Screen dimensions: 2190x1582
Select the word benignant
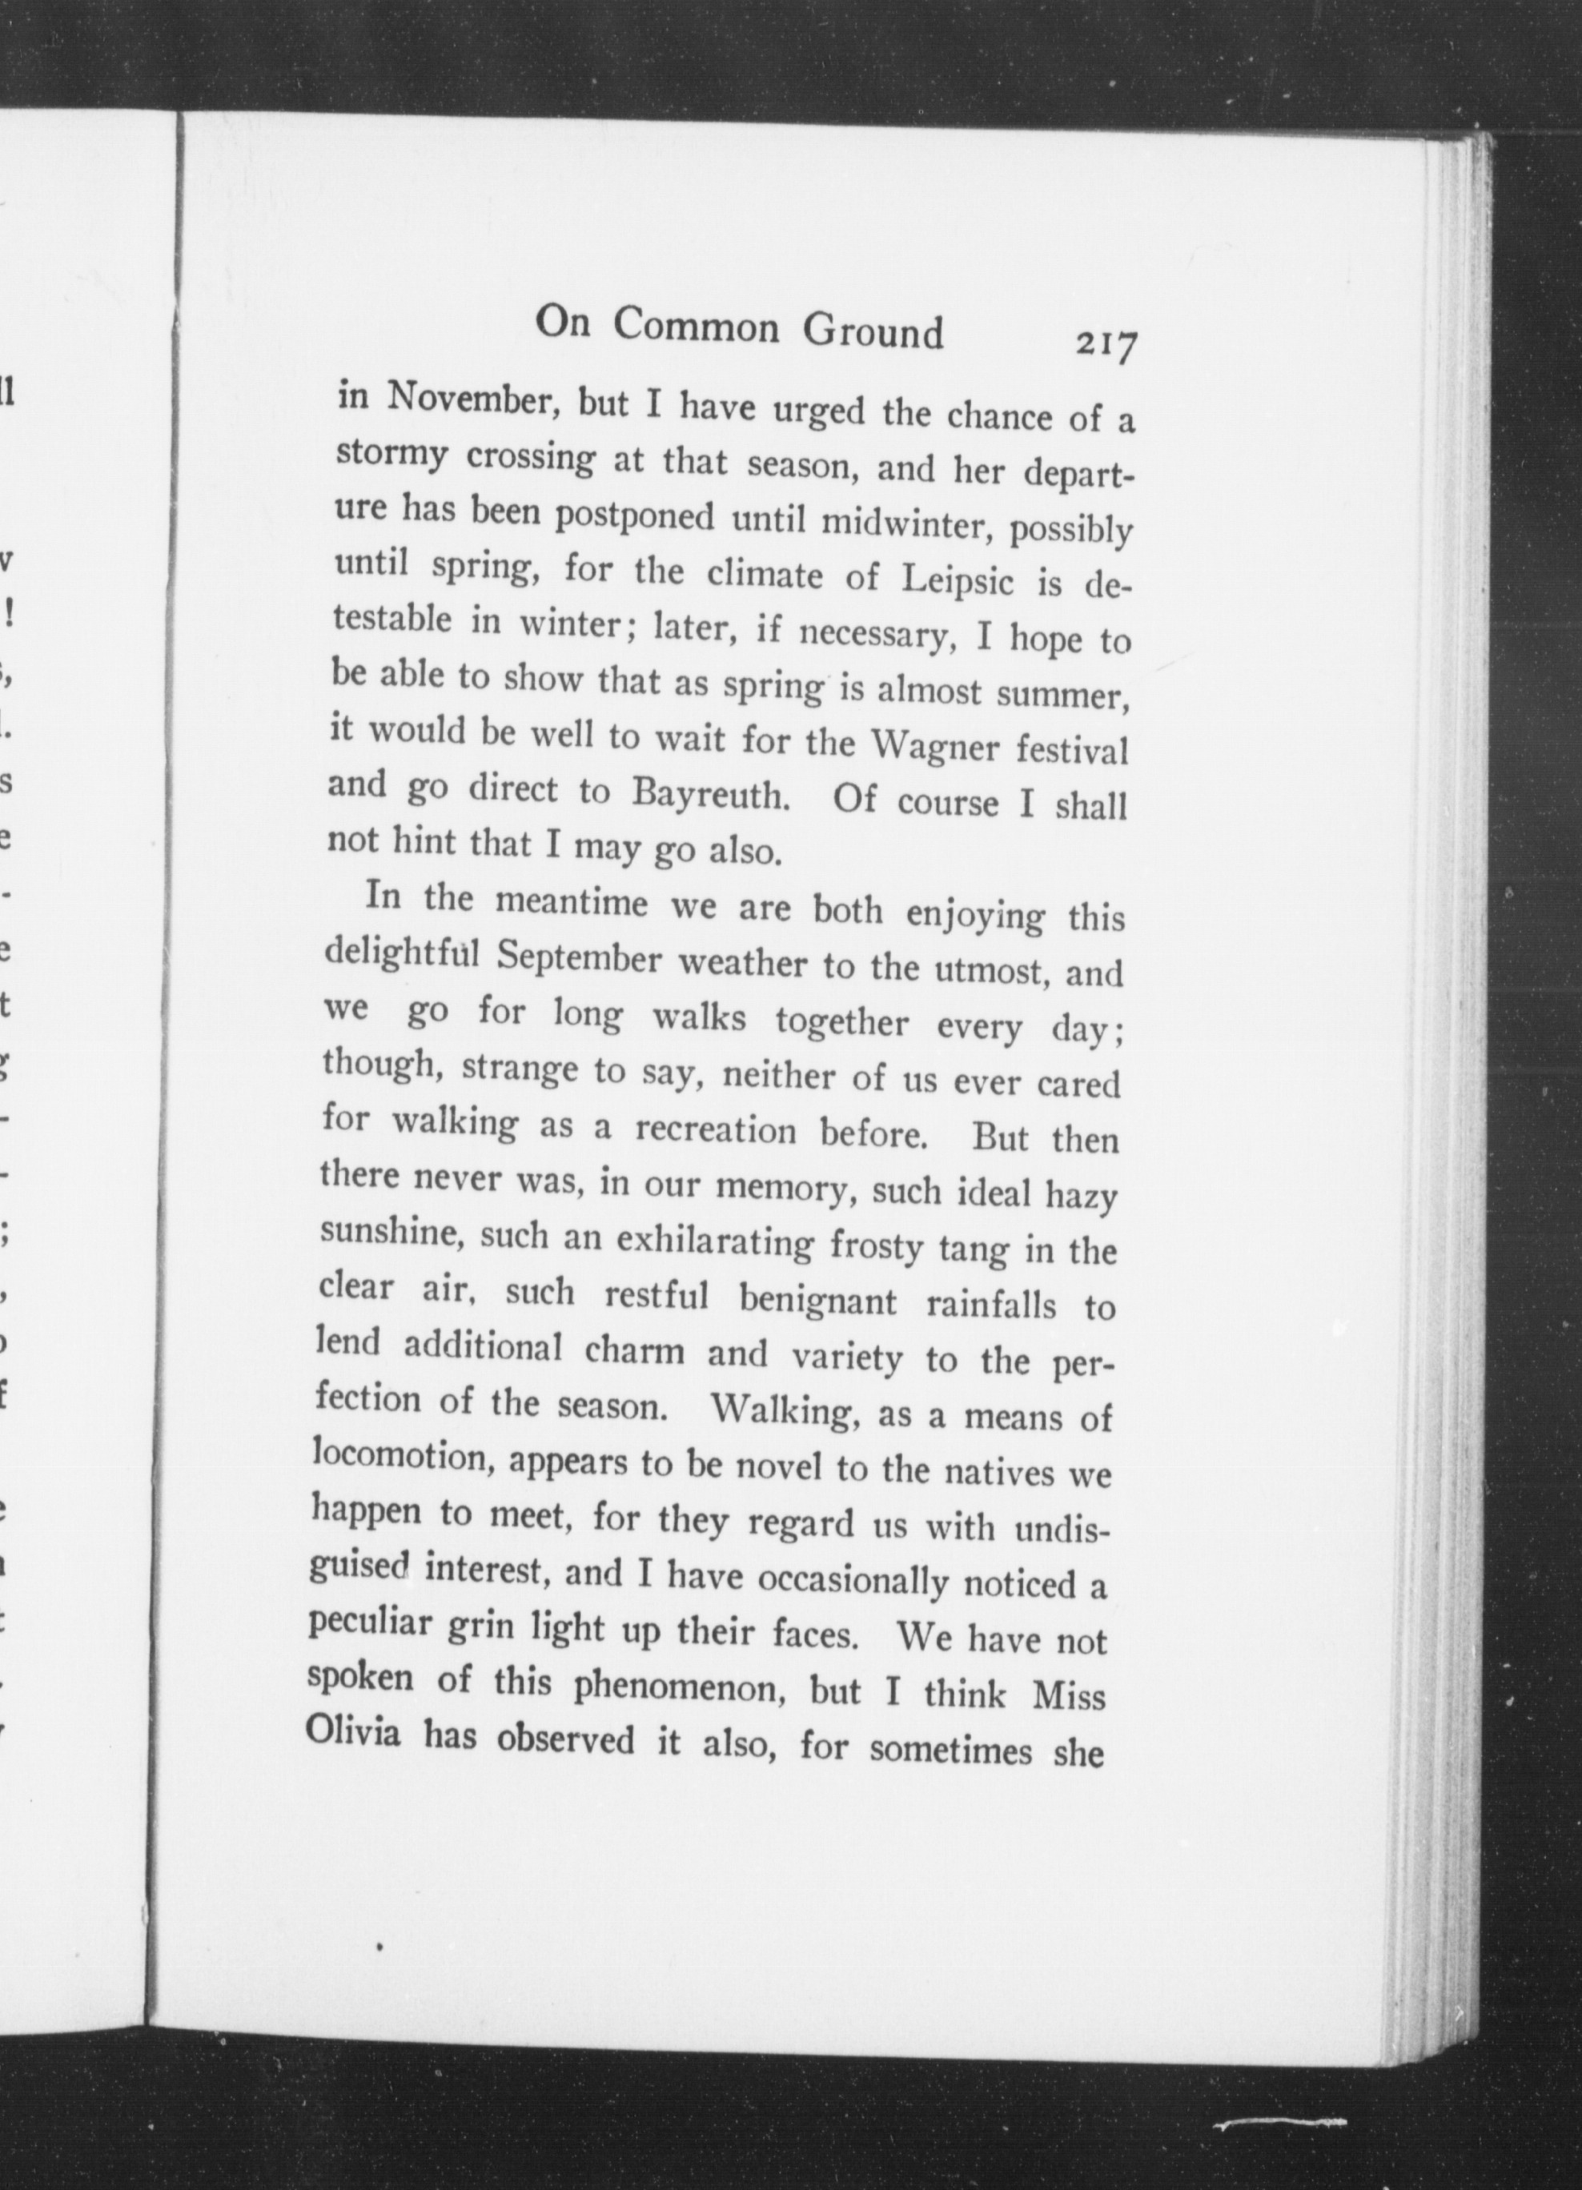point(817,1300)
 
